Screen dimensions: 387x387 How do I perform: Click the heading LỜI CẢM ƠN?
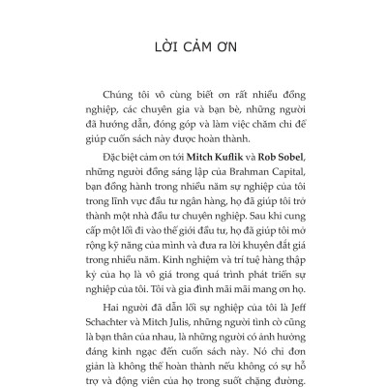pos(193,47)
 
